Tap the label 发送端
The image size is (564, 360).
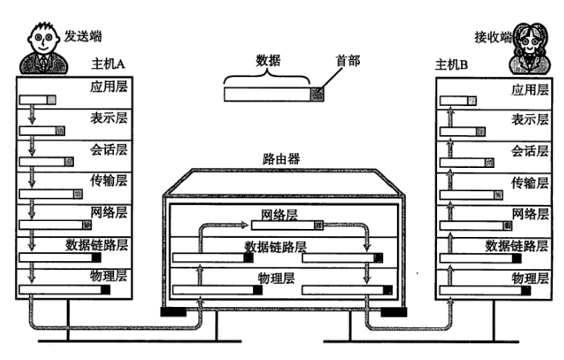(84, 36)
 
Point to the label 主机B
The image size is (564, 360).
(451, 64)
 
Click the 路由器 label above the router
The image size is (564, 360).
(281, 158)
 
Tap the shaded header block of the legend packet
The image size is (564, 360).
(319, 93)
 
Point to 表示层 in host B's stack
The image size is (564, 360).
(529, 119)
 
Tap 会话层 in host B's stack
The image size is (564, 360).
(529, 150)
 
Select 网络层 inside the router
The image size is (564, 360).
(280, 215)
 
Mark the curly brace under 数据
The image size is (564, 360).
(267, 77)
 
